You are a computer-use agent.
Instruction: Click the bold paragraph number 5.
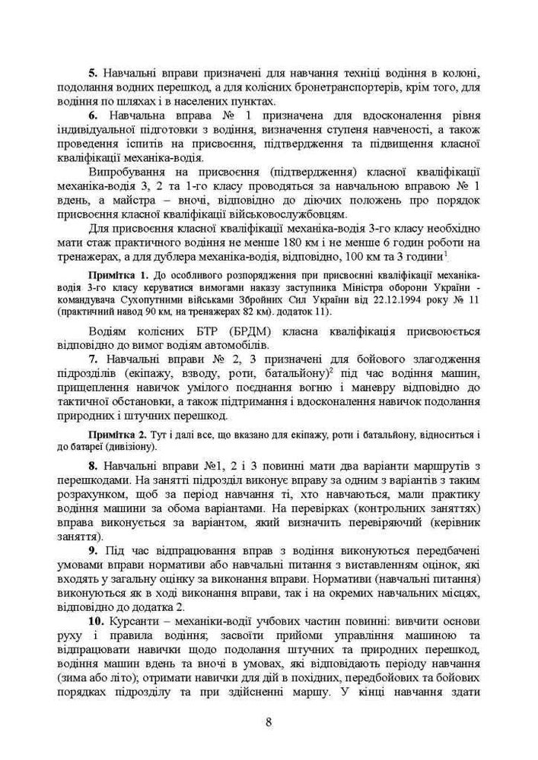[93, 73]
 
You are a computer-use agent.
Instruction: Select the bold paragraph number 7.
[93, 356]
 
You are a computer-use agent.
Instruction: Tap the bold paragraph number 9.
[93, 549]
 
